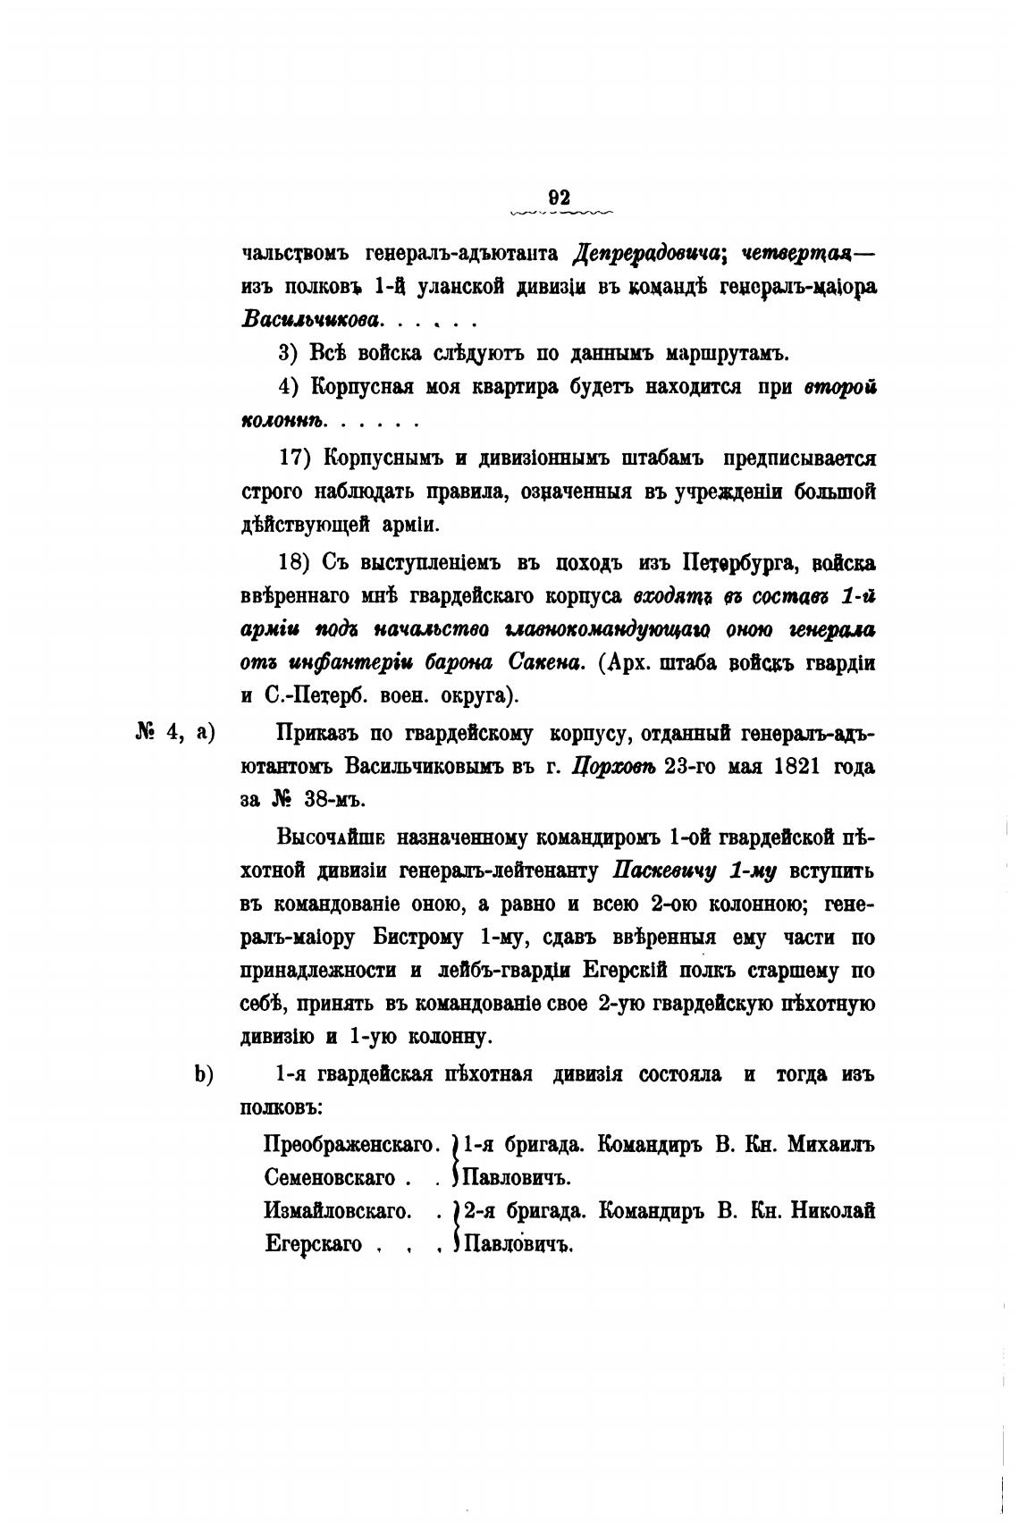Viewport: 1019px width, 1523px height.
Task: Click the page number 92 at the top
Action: pyautogui.click(x=560, y=198)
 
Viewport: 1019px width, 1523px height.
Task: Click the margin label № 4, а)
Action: pyautogui.click(x=175, y=732)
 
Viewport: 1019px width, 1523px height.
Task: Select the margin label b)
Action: pyautogui.click(x=204, y=1074)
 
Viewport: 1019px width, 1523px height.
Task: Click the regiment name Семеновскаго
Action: pyautogui.click(x=330, y=1178)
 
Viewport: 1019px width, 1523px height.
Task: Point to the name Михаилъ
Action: pyautogui.click(x=830, y=1145)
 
